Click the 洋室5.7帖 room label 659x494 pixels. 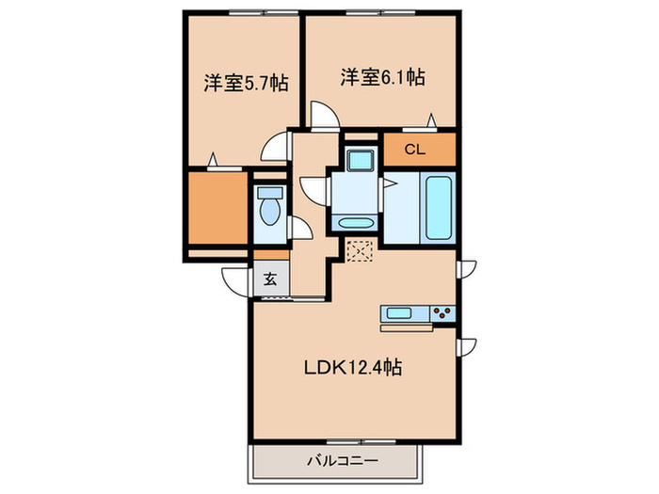246,82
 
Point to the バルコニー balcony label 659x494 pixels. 342,461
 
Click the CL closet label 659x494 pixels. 414,149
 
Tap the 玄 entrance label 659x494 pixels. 269,279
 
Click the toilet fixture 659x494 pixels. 270,208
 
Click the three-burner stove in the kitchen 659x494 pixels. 442,313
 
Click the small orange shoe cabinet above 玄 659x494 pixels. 270,254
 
